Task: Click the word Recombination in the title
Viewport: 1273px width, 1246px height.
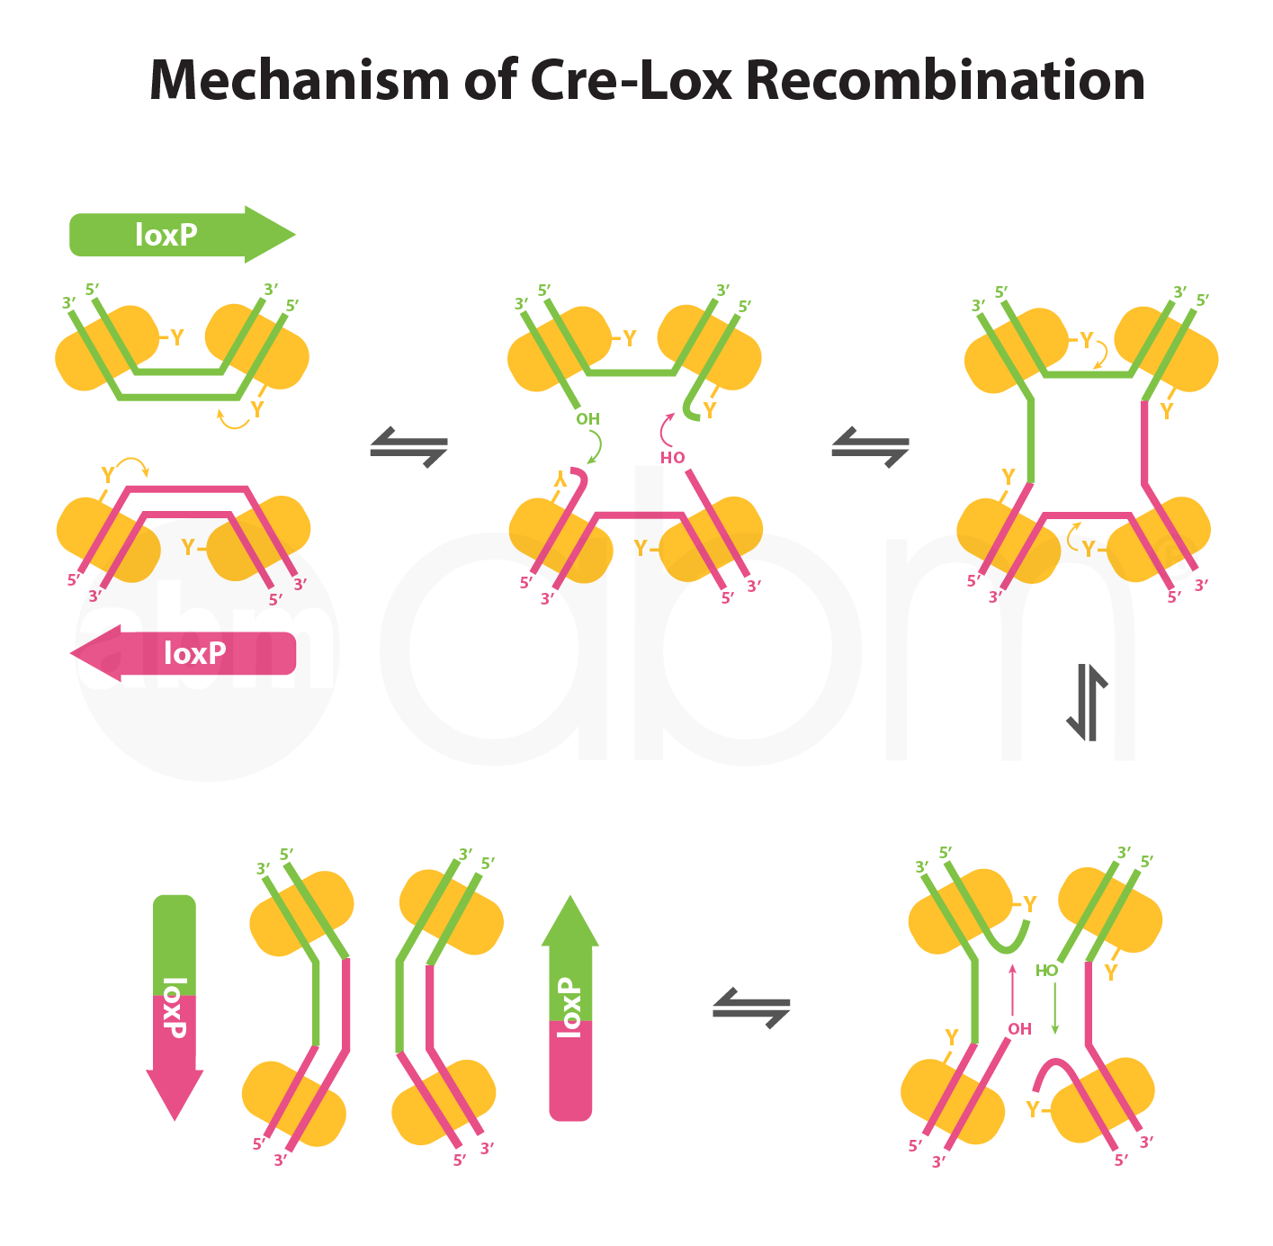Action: coord(945,80)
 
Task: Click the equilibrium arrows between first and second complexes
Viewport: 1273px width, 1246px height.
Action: coord(409,446)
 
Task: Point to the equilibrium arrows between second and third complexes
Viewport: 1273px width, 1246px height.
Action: coord(870,446)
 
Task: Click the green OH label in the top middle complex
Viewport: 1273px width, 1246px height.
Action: coord(587,418)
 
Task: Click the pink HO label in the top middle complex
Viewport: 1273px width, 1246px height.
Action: coord(672,457)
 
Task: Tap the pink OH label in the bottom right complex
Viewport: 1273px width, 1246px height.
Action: coord(1019,1029)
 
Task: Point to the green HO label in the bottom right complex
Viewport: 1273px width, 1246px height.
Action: coord(1046,971)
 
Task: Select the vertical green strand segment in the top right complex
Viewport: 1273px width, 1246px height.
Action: coord(1031,441)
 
